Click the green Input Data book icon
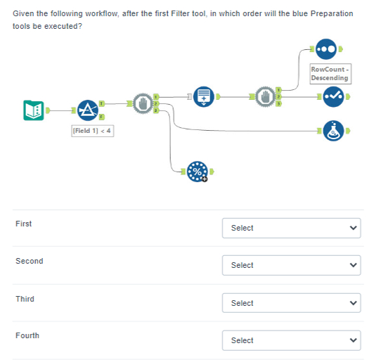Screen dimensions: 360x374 point(33,110)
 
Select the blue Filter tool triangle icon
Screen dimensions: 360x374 point(87,110)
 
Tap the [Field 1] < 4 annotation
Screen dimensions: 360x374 point(92,131)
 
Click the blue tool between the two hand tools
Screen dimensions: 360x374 point(202,96)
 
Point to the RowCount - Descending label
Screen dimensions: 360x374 point(330,73)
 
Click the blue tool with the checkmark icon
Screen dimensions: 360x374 point(333,97)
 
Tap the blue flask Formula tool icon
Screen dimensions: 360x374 point(333,131)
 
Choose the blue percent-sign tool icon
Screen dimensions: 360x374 point(198,171)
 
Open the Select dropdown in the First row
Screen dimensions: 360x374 point(291,228)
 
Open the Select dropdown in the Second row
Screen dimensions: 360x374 point(291,265)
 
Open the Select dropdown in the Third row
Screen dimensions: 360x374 point(291,303)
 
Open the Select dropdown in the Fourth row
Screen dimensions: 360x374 point(291,340)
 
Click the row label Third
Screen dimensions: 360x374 point(25,299)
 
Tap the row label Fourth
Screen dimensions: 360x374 point(27,335)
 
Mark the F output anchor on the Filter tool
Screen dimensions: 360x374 point(102,116)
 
